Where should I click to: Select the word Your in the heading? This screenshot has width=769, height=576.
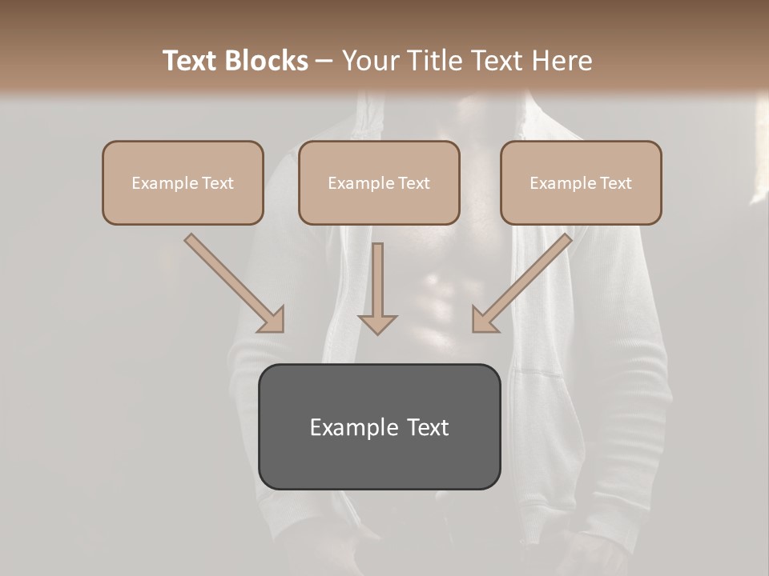pyautogui.click(x=370, y=61)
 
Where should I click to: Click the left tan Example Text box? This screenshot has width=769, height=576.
pyautogui.click(x=183, y=182)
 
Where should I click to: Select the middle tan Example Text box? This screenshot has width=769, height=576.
pyautogui.click(x=379, y=182)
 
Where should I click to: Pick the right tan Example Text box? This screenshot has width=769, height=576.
pyautogui.click(x=581, y=182)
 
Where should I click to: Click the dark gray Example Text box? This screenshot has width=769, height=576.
pyautogui.click(x=379, y=426)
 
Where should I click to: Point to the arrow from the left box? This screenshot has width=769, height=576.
pyautogui.click(x=232, y=280)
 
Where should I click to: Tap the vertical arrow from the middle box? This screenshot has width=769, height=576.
pyautogui.click(x=377, y=284)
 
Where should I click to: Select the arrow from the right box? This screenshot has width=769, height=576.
pyautogui.click(x=525, y=280)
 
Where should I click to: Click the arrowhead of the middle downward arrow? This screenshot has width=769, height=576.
pyautogui.click(x=377, y=323)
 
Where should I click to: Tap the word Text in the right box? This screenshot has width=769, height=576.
pyautogui.click(x=614, y=183)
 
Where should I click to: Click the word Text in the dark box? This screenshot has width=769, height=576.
pyautogui.click(x=429, y=427)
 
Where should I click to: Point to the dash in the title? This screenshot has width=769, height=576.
pyautogui.click(x=324, y=61)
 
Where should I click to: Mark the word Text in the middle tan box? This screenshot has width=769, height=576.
pyautogui.click(x=413, y=183)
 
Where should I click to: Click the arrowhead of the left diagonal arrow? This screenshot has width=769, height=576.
pyautogui.click(x=273, y=321)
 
